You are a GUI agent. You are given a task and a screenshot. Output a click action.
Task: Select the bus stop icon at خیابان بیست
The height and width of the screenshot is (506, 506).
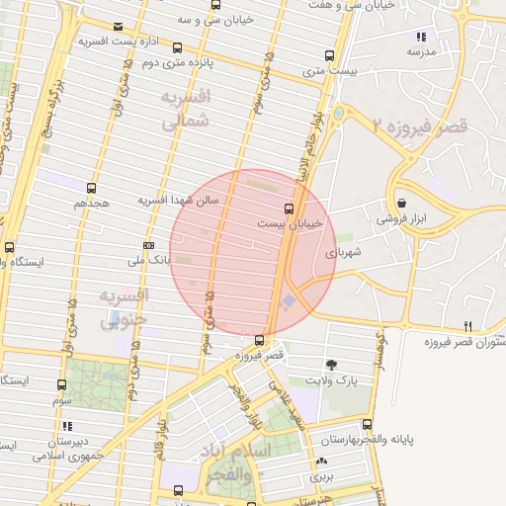[x=289, y=209]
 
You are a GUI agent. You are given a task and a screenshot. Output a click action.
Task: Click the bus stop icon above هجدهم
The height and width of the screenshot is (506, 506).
[x=92, y=187]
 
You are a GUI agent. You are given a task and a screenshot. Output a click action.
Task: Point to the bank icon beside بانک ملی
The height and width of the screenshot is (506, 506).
[x=148, y=245]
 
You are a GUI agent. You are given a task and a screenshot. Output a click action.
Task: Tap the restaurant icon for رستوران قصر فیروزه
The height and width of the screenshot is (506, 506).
[x=467, y=326]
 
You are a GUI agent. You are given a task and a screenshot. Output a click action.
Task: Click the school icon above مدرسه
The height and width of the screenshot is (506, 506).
[x=422, y=37]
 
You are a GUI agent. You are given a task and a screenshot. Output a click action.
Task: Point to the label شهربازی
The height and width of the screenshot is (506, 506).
[x=345, y=253]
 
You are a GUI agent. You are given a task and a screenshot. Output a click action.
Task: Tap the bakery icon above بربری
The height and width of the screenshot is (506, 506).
[x=320, y=461]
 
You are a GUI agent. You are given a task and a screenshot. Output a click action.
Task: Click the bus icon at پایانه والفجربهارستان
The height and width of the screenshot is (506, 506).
[x=368, y=424]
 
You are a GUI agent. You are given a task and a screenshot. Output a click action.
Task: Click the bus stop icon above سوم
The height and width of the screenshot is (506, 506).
[x=61, y=385]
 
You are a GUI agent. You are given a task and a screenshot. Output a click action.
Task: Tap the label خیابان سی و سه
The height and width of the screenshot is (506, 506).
[x=214, y=20]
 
